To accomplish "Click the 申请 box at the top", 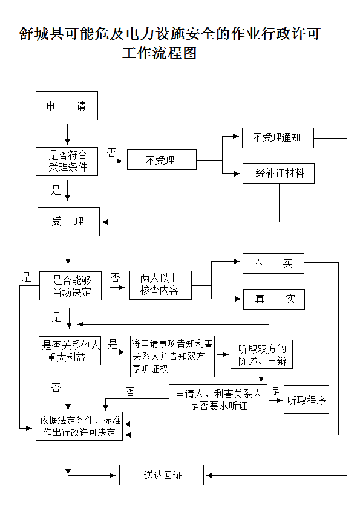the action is coord(67,106).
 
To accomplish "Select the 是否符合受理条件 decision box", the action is coord(67,161).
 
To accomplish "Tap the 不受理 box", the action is coord(162,160).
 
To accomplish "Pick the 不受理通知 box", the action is coord(278,138).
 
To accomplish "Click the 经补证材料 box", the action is coord(278,173).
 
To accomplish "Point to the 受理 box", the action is coord(68,222).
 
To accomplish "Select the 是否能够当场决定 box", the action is coord(70,286).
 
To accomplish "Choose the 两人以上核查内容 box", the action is coord(160,285).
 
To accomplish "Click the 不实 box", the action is coord(273,264).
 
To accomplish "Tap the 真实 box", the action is coord(274,299).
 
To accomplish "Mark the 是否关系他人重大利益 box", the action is coord(70,351).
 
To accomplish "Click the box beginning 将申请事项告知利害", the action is coord(172,357).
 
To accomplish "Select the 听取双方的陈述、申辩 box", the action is coord(261,354).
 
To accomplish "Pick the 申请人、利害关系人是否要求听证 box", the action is coord(218,399).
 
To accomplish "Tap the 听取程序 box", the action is coord(306,400).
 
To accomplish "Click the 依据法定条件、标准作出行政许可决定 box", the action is coord(79,426).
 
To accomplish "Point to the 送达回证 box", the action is coord(162,475).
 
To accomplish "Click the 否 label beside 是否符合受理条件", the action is coord(111,152).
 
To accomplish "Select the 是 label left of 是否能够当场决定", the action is coord(26,277).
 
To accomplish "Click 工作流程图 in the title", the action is coord(160,53).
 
